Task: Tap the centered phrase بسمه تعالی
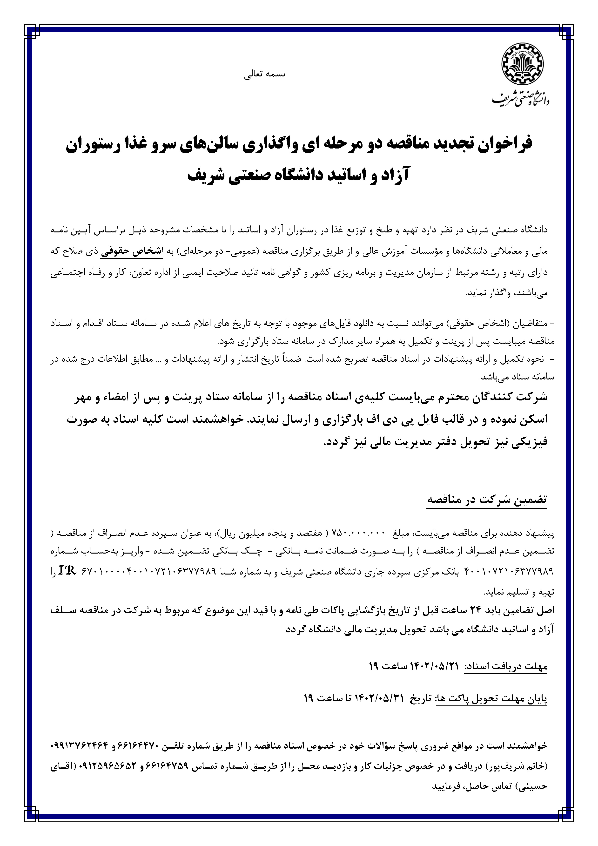click(x=265, y=74)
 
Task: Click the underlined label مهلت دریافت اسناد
click(x=505, y=666)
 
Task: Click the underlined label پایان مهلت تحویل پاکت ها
click(x=491, y=699)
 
